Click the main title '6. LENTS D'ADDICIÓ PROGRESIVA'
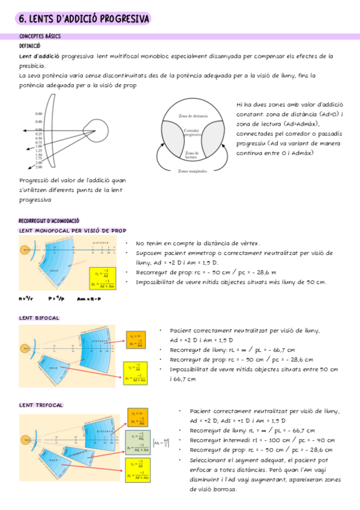[84, 19]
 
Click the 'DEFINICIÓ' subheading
[30, 46]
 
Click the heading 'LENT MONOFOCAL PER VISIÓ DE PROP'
[73, 230]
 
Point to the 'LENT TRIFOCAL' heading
[41, 405]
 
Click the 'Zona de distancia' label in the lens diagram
[193, 116]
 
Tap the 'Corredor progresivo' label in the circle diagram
[192, 134]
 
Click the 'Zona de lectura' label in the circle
[192, 155]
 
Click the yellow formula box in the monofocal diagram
[102, 277]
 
